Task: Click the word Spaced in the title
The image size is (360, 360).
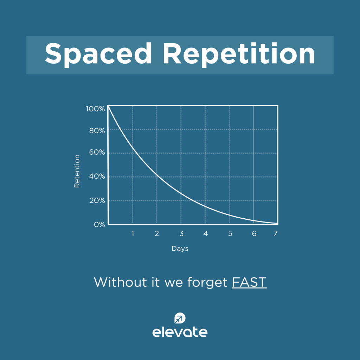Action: click(98, 54)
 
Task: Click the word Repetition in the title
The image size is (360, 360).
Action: click(239, 54)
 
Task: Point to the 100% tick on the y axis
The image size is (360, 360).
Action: click(95, 109)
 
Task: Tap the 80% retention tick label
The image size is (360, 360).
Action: click(97, 131)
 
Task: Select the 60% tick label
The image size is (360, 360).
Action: click(97, 152)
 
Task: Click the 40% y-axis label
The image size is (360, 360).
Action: click(97, 176)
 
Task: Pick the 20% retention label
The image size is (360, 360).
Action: click(97, 200)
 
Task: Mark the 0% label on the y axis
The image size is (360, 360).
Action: click(99, 224)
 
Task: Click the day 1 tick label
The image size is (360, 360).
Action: click(133, 233)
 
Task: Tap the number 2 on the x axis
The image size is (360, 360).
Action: click(157, 233)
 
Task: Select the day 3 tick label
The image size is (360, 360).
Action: click(181, 233)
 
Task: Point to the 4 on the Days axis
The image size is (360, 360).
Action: click(205, 233)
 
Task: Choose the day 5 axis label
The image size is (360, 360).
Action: click(230, 233)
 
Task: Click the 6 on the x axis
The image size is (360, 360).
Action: click(254, 233)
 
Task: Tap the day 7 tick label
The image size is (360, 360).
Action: click(276, 233)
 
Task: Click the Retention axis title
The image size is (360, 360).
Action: click(77, 171)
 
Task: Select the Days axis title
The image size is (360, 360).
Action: click(180, 249)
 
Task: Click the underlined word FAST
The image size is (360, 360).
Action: click(249, 282)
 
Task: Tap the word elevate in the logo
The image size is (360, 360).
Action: click(180, 332)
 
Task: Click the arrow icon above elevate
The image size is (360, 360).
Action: click(180, 318)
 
